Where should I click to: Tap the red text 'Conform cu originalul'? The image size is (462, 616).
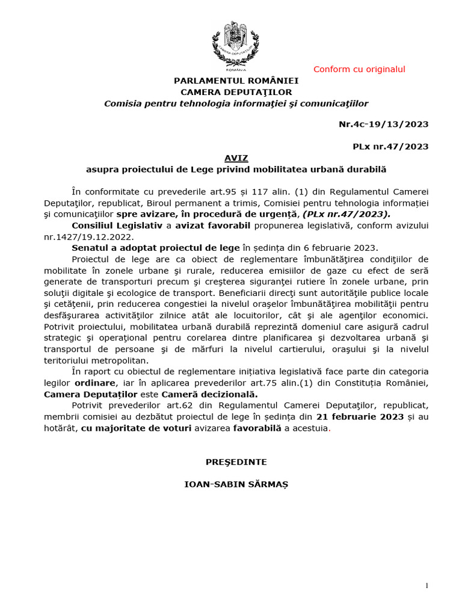click(359, 69)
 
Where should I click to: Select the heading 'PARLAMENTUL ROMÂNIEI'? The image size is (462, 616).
click(236, 81)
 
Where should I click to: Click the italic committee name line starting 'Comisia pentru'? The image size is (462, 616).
click(236, 103)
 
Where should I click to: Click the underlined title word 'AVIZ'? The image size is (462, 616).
click(236, 158)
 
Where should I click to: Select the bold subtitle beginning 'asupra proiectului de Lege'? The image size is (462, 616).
click(236, 170)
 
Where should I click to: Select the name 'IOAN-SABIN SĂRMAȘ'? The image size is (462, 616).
click(236, 484)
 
